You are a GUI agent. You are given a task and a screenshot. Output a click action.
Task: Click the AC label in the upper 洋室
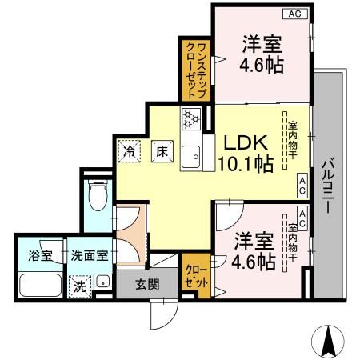coord(295,14)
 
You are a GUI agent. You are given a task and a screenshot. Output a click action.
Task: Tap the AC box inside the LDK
coord(302,186)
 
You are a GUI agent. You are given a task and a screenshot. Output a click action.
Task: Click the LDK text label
coord(243,142)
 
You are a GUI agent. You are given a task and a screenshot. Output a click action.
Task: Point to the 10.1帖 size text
coord(244,164)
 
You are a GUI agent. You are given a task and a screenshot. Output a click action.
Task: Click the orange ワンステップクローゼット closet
coord(196,70)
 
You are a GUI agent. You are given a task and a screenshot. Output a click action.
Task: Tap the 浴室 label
coord(30,257)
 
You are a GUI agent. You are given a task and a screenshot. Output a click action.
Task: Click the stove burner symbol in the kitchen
coord(192,119)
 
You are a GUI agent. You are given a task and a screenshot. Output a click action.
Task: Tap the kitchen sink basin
coord(192,157)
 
